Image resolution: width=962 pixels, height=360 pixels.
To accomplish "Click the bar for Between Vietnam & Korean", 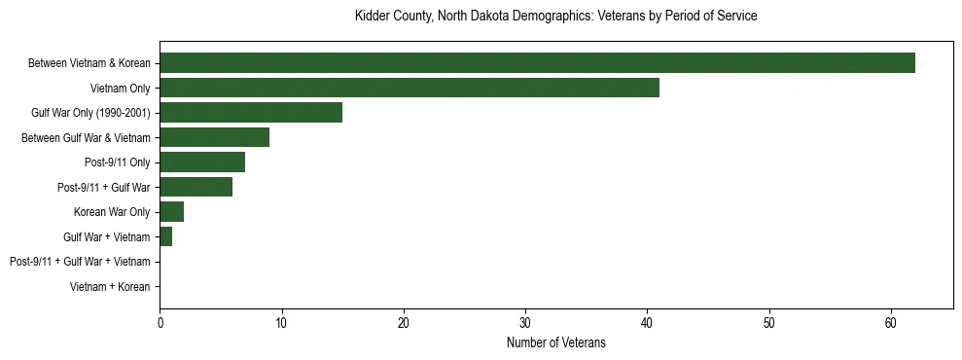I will click(537, 63).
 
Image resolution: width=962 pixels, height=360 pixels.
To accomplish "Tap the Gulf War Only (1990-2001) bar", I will click(251, 113).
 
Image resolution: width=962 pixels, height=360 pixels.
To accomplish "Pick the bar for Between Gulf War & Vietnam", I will click(214, 138).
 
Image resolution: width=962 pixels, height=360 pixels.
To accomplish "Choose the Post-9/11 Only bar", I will click(202, 162).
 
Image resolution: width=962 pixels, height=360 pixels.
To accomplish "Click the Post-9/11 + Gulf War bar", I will click(196, 188).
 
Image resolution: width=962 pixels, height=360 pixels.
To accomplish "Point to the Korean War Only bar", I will click(171, 212).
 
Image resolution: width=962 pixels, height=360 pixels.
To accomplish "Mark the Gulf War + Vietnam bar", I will click(165, 237).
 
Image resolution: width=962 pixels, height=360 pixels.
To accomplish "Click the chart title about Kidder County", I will click(555, 17).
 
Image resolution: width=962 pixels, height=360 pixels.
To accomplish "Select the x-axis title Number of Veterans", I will click(555, 342).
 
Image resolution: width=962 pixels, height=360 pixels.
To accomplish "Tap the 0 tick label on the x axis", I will click(160, 322).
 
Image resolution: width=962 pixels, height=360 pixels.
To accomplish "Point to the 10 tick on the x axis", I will click(281, 322).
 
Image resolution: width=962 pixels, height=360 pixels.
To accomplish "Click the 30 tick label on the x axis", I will click(525, 322).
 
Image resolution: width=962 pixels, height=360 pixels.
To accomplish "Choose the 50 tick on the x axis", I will click(769, 322).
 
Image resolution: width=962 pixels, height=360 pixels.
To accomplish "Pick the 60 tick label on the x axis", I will click(891, 322).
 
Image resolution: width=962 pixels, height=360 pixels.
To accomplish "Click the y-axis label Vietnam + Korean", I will click(110, 287).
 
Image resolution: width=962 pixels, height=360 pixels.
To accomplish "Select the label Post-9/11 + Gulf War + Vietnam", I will click(79, 262).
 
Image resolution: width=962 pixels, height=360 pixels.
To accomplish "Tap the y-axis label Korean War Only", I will click(112, 212).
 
